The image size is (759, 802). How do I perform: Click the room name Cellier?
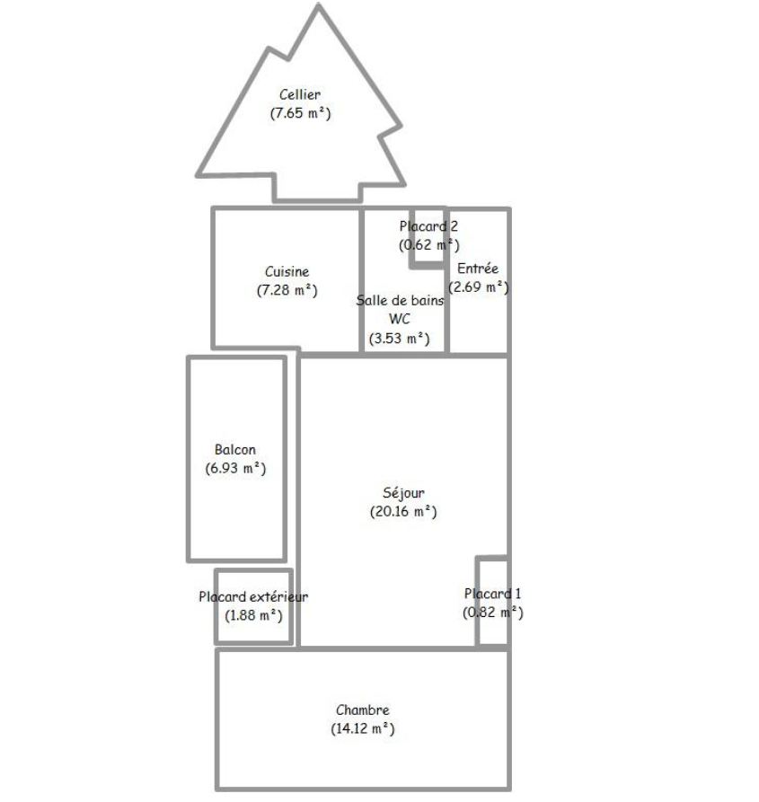[300, 94]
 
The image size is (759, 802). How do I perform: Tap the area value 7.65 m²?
[301, 113]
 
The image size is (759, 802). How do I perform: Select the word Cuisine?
[287, 271]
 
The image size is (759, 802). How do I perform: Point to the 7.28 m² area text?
[287, 290]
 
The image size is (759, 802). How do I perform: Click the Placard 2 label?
[428, 226]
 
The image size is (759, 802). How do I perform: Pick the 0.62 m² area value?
[429, 245]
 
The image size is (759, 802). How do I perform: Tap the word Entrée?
[478, 269]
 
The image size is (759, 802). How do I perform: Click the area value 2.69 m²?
[479, 287]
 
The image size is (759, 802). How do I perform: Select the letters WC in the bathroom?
[400, 319]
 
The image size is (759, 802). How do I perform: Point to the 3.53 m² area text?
[400, 339]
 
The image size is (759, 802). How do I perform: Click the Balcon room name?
[235, 450]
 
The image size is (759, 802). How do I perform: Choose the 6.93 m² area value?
[235, 469]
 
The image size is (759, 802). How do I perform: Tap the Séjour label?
[403, 493]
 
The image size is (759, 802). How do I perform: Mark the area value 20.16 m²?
[403, 512]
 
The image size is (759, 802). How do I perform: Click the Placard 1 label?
[492, 594]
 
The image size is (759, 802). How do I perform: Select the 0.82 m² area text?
[493, 613]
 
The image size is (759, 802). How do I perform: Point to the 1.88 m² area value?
[253, 615]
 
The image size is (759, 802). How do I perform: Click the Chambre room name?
[363, 710]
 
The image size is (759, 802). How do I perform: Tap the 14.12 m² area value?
[363, 729]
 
